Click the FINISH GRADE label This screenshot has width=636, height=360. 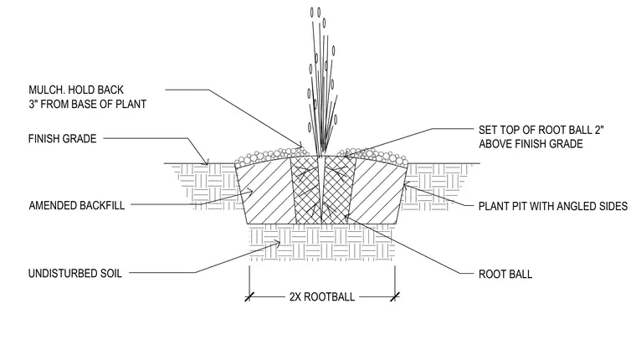63,139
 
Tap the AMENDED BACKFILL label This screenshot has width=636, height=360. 77,205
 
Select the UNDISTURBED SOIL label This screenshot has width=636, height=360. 75,274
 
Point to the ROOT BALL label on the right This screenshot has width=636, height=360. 505,275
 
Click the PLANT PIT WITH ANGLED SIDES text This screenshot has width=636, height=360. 553,206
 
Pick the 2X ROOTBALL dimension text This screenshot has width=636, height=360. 322,296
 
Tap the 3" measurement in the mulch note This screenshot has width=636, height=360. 33,105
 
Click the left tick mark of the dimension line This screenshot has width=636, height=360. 249,296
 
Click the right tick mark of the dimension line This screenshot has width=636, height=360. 395,296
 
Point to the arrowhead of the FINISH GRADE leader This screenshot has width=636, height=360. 206,162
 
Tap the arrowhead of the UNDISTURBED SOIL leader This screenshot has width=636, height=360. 277,244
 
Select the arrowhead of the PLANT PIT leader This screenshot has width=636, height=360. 406,187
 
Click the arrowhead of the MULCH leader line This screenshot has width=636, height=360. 300,146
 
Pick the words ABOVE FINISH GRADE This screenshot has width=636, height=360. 531,144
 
